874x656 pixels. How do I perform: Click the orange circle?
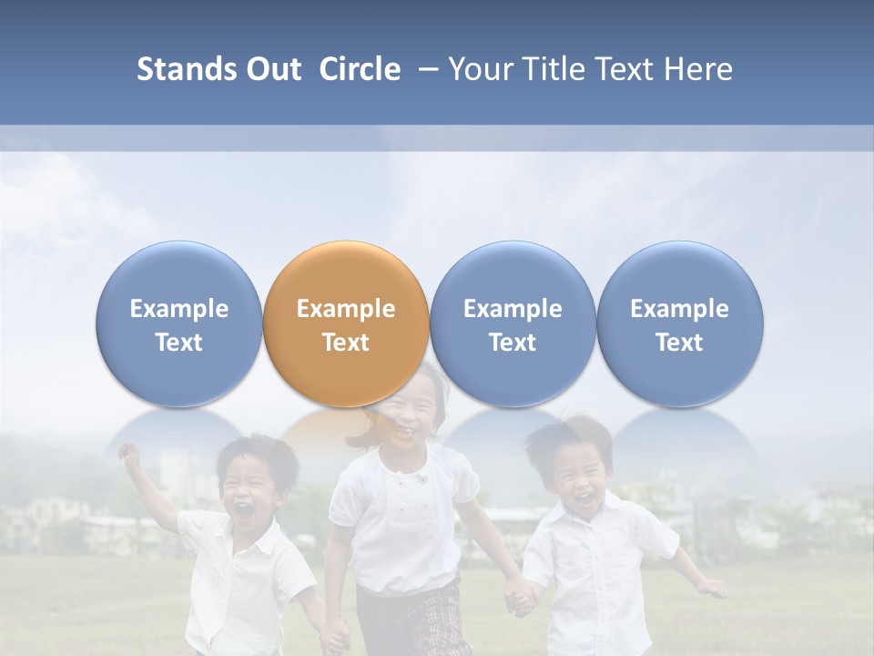(346, 323)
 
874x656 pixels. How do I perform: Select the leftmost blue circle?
(179, 323)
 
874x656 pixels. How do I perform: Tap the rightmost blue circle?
(679, 323)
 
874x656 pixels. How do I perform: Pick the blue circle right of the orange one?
(513, 323)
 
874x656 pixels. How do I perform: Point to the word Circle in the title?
(360, 69)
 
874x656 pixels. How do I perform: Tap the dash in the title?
(427, 69)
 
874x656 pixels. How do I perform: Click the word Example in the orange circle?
(346, 309)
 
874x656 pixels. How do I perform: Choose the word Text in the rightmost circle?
(679, 343)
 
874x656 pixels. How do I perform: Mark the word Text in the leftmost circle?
(179, 343)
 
